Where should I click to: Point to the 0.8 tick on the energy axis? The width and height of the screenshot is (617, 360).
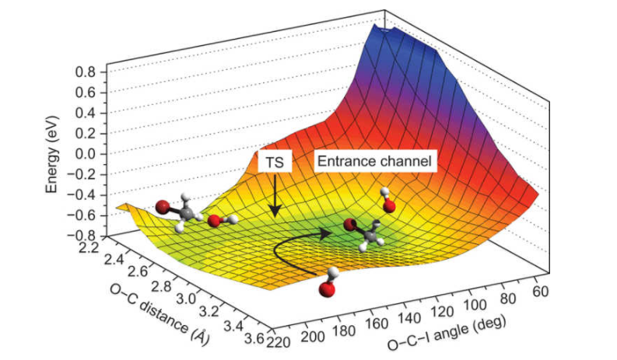pyautogui.click(x=85, y=72)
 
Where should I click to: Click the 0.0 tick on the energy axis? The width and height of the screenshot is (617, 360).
pyautogui.click(x=85, y=154)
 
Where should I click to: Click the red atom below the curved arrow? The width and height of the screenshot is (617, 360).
pyautogui.click(x=327, y=289)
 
